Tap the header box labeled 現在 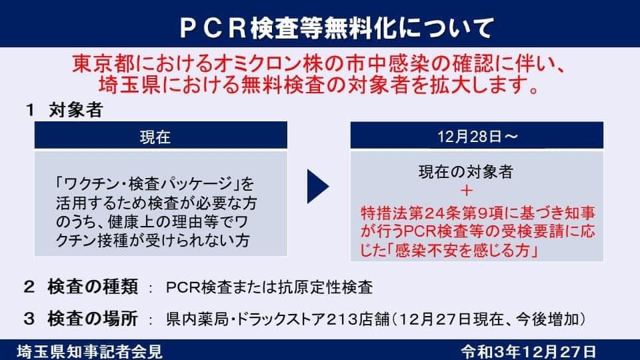pos(161,135)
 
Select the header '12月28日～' pos(477,135)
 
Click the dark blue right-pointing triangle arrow pos(317,187)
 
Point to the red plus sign pos(466,191)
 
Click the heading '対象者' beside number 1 pos(76,110)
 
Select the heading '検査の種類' pos(93,287)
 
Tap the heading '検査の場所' pos(93,319)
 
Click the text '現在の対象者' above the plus pos(466,172)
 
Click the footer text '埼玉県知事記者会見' pos(90,352)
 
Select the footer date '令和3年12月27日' pos(529,352)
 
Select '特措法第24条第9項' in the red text pos(433,213)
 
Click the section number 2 pos(29,287)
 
